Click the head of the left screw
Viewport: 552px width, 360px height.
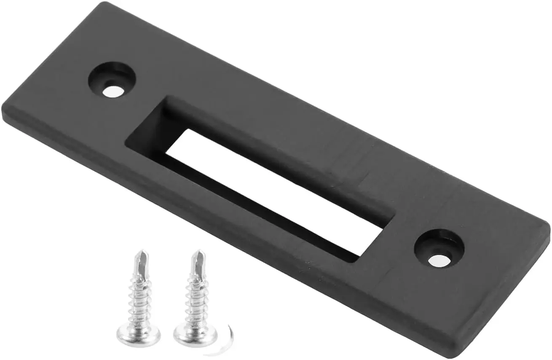click(x=138, y=335)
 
